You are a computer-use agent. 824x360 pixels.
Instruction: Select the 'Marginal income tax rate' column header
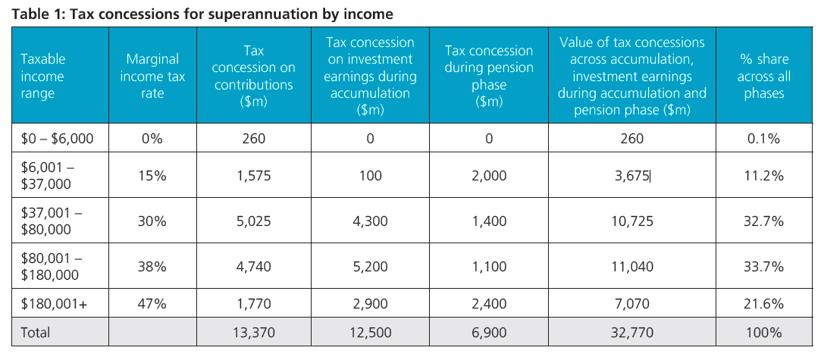click(152, 76)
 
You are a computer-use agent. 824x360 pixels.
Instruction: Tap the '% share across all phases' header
click(763, 76)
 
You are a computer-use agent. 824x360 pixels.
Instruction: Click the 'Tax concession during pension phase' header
click(489, 76)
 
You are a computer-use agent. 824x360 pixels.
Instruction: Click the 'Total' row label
click(36, 333)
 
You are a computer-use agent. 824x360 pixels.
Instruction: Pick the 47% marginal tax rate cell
click(152, 305)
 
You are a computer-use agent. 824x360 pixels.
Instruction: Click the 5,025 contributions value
click(253, 221)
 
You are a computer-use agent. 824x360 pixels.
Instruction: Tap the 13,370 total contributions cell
click(253, 333)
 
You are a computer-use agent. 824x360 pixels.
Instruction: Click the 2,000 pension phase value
click(489, 176)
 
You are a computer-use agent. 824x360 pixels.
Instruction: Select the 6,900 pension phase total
click(489, 333)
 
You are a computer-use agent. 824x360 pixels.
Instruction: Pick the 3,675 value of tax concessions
click(631, 176)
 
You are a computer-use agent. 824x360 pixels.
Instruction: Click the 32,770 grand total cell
click(631, 333)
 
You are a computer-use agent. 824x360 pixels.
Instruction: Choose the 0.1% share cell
click(763, 139)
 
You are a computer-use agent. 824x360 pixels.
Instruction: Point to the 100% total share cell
click(763, 333)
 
